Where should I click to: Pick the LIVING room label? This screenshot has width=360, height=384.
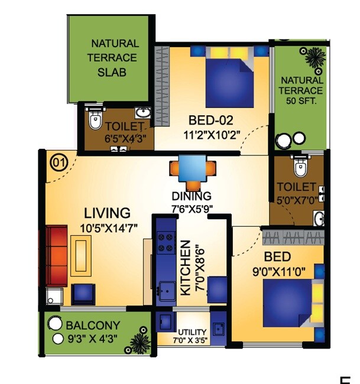pos(106,213)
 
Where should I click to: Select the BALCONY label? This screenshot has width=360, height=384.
pos(93,326)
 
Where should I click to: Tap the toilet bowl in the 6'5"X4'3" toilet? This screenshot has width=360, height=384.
pos(94,121)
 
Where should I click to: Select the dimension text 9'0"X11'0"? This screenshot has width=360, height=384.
pos(277,274)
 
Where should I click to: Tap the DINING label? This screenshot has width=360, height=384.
pos(191,196)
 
